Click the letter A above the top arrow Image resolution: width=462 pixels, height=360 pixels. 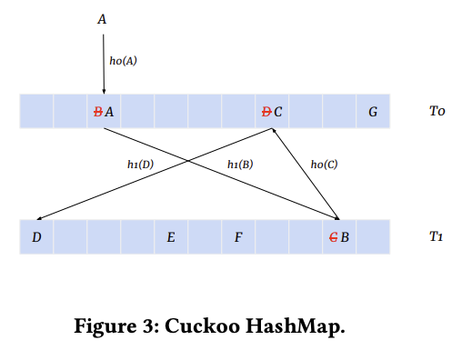click(x=103, y=17)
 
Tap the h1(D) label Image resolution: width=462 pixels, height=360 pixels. click(x=140, y=165)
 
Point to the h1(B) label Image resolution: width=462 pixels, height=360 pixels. click(x=239, y=165)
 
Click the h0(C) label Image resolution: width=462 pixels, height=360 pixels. click(x=324, y=165)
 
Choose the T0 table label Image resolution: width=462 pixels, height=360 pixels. click(x=437, y=112)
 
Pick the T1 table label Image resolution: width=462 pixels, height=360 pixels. click(x=437, y=237)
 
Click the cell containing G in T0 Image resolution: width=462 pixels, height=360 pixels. click(x=373, y=112)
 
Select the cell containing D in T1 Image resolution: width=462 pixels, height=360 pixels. click(x=36, y=237)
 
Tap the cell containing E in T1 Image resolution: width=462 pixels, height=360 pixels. click(x=170, y=237)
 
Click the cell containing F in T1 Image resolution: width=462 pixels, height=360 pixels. click(x=237, y=237)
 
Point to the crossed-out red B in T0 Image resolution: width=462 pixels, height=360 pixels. click(x=98, y=112)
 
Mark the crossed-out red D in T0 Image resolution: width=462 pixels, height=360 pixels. click(x=266, y=112)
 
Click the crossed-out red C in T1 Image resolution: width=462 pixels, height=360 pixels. click(x=334, y=237)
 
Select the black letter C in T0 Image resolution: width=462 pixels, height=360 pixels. click(x=277, y=112)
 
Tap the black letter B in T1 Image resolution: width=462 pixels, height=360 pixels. click(x=346, y=237)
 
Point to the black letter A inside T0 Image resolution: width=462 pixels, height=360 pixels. click(x=109, y=112)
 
